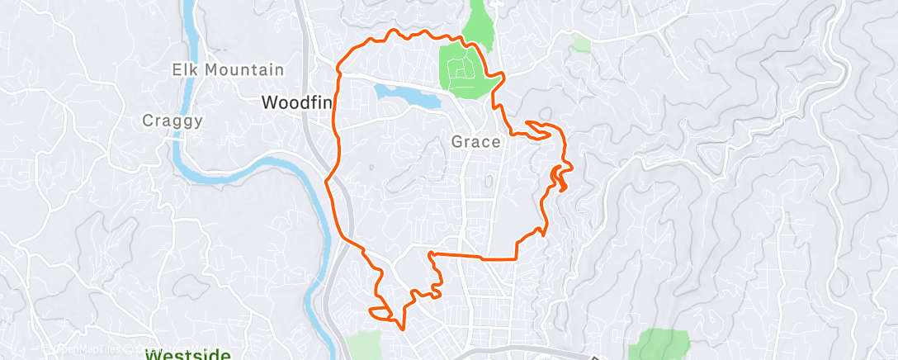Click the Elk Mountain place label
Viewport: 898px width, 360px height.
coord(229,70)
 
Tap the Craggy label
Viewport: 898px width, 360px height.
coord(173,121)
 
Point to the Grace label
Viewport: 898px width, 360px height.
coord(475,142)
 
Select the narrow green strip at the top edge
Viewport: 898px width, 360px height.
coord(480,21)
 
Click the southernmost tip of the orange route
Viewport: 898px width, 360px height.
coord(403,328)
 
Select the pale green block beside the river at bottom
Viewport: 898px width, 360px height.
coord(364,345)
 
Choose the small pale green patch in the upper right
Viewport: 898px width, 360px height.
coord(582,43)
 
